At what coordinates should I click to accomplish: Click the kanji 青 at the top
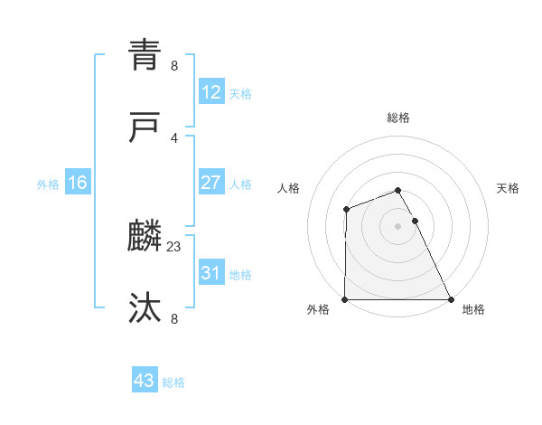(145, 56)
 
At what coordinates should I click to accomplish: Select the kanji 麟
(145, 237)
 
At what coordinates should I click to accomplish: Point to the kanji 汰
(145, 308)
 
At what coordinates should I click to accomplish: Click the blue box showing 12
(210, 92)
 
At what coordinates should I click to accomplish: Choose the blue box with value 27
(210, 183)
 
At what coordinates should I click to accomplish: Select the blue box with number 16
(78, 183)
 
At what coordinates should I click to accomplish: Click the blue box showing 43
(145, 381)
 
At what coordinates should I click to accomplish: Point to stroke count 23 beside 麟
(174, 246)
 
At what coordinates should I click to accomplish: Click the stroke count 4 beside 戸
(174, 137)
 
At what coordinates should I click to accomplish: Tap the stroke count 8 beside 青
(174, 65)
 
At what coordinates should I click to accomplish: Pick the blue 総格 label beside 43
(173, 382)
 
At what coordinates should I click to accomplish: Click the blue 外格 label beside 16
(48, 184)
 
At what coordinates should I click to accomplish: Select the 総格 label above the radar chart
(397, 118)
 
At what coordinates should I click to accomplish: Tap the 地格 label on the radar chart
(473, 310)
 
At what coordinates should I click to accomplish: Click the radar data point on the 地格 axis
(451, 299)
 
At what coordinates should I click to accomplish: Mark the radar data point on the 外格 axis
(345, 299)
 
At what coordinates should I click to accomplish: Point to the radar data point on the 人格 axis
(346, 210)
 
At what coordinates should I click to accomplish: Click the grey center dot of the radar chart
(397, 226)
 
